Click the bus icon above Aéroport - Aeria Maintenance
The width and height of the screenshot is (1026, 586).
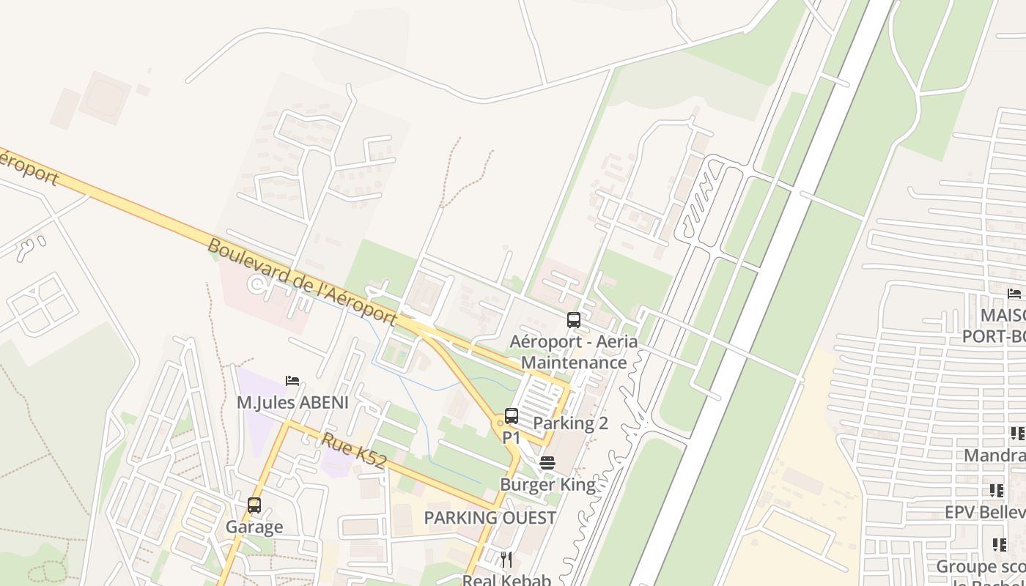click(574, 320)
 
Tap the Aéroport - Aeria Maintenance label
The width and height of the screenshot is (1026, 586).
click(574, 352)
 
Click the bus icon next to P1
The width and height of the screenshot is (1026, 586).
click(512, 416)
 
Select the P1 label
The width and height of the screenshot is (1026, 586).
click(511, 438)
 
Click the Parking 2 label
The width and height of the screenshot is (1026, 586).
click(570, 423)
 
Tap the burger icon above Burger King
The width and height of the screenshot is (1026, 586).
click(547, 463)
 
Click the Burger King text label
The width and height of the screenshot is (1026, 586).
click(547, 485)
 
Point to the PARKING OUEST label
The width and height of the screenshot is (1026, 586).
click(490, 518)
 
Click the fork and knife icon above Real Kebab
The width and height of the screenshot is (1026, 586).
click(506, 560)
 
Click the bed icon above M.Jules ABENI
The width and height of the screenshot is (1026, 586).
click(292, 381)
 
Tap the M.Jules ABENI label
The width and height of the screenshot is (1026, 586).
click(292, 403)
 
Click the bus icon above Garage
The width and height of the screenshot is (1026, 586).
click(254, 505)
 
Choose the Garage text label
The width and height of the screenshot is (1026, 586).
click(254, 527)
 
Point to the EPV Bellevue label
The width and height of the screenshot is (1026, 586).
click(984, 512)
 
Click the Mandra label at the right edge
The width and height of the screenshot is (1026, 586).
click(994, 456)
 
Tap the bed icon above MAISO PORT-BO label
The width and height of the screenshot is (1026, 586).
click(1014, 294)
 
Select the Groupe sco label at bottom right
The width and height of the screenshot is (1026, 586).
click(981, 567)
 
